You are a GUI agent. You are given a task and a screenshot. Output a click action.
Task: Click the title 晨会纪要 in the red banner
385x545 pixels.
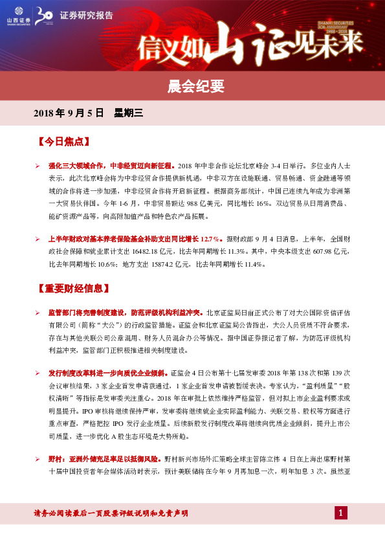[x=192, y=85]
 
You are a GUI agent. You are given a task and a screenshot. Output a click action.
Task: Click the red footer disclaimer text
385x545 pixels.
[x=111, y=513]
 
